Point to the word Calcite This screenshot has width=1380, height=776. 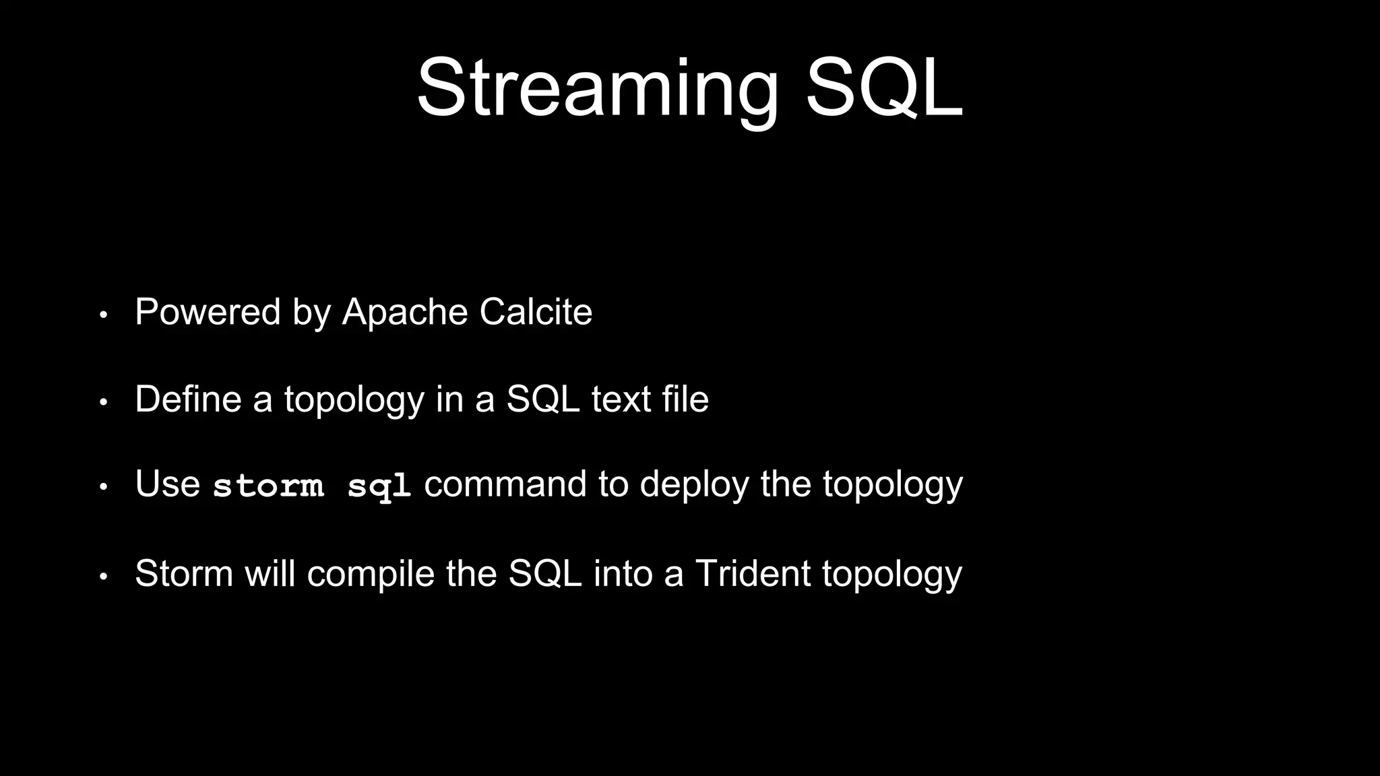(x=536, y=312)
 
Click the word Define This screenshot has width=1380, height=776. (x=188, y=399)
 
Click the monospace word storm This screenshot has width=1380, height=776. (x=268, y=486)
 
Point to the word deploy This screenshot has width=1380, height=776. (x=693, y=486)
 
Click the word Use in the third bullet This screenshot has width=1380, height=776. (x=167, y=484)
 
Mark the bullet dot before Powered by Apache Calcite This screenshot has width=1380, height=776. (x=103, y=315)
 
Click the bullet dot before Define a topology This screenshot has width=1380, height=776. (x=103, y=402)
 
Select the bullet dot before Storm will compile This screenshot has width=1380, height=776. (x=103, y=577)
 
